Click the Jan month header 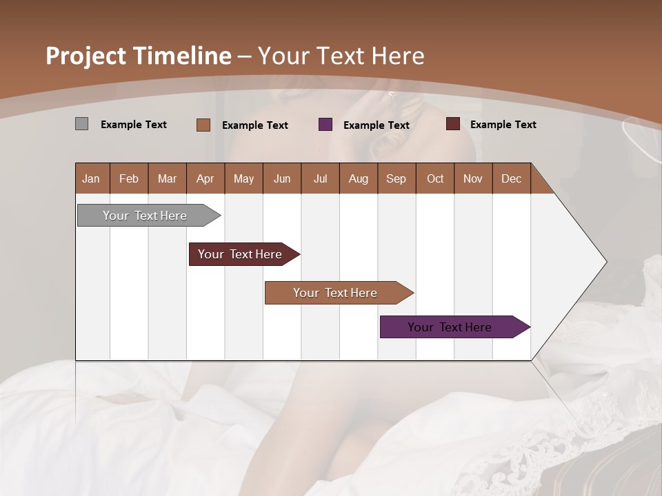91,179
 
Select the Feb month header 129,179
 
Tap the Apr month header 205,179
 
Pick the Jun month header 282,179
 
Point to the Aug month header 359,179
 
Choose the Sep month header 396,179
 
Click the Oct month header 435,179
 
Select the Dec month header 511,179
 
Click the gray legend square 81,124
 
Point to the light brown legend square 203,125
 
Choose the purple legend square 325,125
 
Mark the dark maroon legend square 453,124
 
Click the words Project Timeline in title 139,56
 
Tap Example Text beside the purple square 377,125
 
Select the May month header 243,179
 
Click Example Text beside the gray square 134,125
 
